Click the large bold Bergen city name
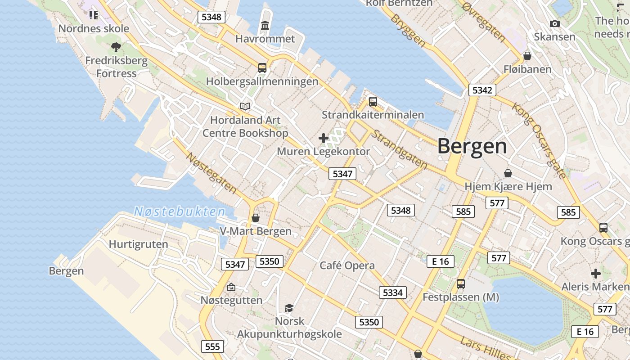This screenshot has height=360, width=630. pyautogui.click(x=472, y=146)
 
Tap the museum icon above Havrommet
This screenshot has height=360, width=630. pyautogui.click(x=265, y=26)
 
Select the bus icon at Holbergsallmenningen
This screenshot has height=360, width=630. pyautogui.click(x=262, y=68)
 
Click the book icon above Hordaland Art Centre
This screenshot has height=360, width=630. pyautogui.click(x=245, y=106)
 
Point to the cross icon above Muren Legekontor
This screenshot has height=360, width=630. pyautogui.click(x=323, y=138)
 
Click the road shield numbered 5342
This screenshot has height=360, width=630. pyautogui.click(x=482, y=90)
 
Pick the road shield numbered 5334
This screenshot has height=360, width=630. pyautogui.click(x=392, y=292)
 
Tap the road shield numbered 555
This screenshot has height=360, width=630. pyautogui.click(x=212, y=346)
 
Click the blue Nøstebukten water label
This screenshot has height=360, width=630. pyautogui.click(x=180, y=211)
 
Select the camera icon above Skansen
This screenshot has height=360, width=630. pyautogui.click(x=554, y=23)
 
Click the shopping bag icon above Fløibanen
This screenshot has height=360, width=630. pyautogui.click(x=527, y=56)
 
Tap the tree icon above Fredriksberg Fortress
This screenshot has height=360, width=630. pyautogui.click(x=116, y=47)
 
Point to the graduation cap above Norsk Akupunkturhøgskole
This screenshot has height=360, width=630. pyautogui.click(x=289, y=308)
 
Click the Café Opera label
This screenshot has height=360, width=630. pyautogui.click(x=347, y=265)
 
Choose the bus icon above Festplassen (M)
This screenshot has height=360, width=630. pyautogui.click(x=460, y=284)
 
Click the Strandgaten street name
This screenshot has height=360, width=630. pyautogui.click(x=399, y=150)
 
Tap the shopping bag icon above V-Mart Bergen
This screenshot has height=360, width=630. pyautogui.click(x=256, y=218)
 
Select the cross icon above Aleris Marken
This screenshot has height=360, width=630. pyautogui.click(x=596, y=273)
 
